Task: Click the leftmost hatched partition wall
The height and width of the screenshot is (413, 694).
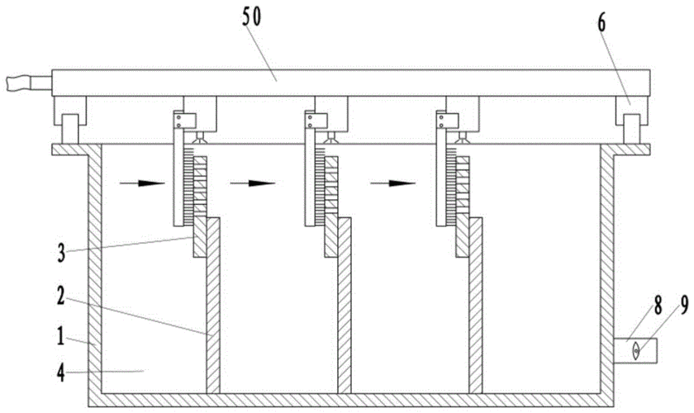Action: point(212,306)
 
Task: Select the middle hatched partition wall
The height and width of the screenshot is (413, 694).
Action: point(344,306)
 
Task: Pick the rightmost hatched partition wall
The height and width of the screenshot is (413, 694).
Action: point(476,306)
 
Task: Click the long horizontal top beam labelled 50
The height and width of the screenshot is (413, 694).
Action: point(347,83)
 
